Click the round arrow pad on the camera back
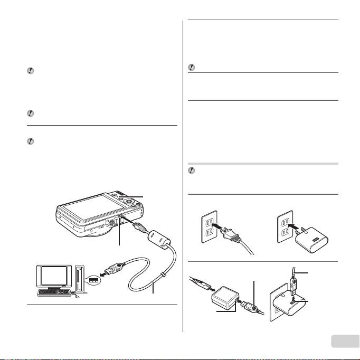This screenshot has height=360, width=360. click(x=128, y=200)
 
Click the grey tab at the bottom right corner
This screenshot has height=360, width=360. click(x=345, y=342)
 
